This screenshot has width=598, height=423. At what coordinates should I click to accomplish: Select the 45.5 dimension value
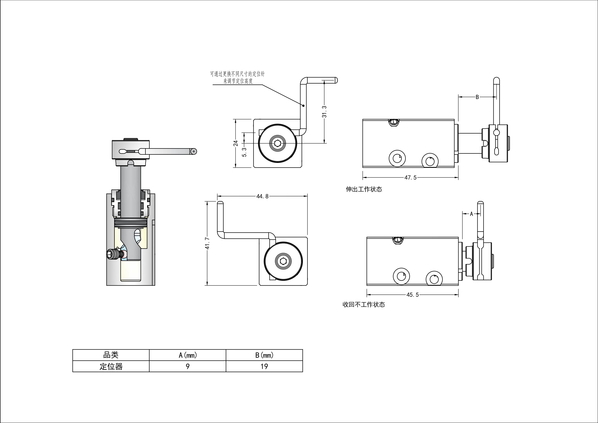(413, 295)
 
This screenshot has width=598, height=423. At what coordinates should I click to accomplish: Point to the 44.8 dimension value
(262, 196)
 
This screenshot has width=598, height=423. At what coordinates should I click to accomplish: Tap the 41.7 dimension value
(208, 243)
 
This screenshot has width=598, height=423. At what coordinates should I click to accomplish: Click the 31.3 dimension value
(324, 112)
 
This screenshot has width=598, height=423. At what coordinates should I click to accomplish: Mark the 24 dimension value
(236, 143)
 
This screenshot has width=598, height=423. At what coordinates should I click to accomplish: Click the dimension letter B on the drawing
(477, 97)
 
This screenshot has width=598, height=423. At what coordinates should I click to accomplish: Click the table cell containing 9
(187, 366)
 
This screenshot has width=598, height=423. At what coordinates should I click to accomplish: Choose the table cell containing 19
(264, 366)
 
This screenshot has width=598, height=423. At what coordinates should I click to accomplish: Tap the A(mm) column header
(187, 355)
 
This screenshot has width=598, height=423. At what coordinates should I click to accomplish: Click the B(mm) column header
(264, 355)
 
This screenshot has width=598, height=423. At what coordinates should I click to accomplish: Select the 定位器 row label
(111, 366)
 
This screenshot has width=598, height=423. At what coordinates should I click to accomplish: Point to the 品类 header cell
(111, 355)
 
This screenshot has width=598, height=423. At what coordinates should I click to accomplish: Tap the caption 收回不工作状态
(364, 305)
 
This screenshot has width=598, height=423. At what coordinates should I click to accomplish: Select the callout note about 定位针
(238, 78)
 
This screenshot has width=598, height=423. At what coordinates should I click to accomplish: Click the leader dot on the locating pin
(303, 106)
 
